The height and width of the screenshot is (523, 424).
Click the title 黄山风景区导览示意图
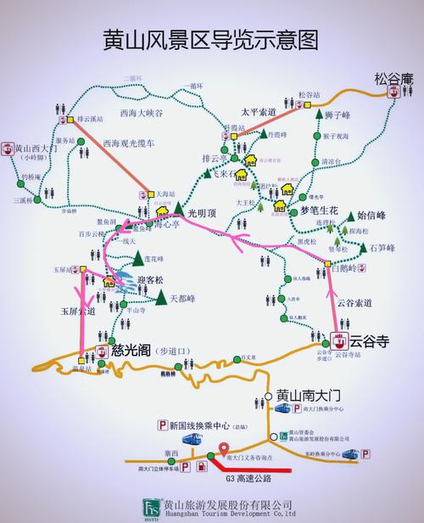(x=211, y=40)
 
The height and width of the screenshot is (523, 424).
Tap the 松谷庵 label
(x=393, y=79)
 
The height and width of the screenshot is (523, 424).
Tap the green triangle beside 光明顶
(x=180, y=208)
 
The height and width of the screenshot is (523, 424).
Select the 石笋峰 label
(x=385, y=248)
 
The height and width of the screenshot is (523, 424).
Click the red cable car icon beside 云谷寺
(x=339, y=342)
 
